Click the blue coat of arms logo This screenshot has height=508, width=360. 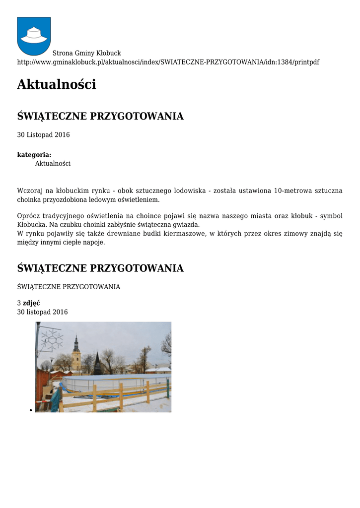pyautogui.click(x=34, y=36)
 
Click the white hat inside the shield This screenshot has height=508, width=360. pyautogui.click(x=34, y=35)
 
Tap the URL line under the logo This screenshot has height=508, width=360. pyautogui.click(x=168, y=62)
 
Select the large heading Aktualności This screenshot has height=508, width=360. pyautogui.click(x=57, y=85)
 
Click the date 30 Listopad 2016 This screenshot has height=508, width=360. pyautogui.click(x=43, y=135)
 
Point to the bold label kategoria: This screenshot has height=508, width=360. pyautogui.click(x=34, y=155)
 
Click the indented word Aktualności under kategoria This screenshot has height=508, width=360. pyautogui.click(x=53, y=163)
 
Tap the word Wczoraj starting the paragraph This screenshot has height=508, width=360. pyautogui.click(x=30, y=191)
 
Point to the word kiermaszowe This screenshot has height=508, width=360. pyautogui.click(x=181, y=233)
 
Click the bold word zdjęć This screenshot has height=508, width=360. pyautogui.click(x=31, y=303)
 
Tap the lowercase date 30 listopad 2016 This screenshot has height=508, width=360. pyautogui.click(x=42, y=312)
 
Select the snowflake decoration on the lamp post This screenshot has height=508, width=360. pyautogui.click(x=52, y=340)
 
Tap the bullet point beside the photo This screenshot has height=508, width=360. pyautogui.click(x=31, y=410)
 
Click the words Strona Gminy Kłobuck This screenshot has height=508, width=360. pyautogui.click(x=87, y=53)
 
